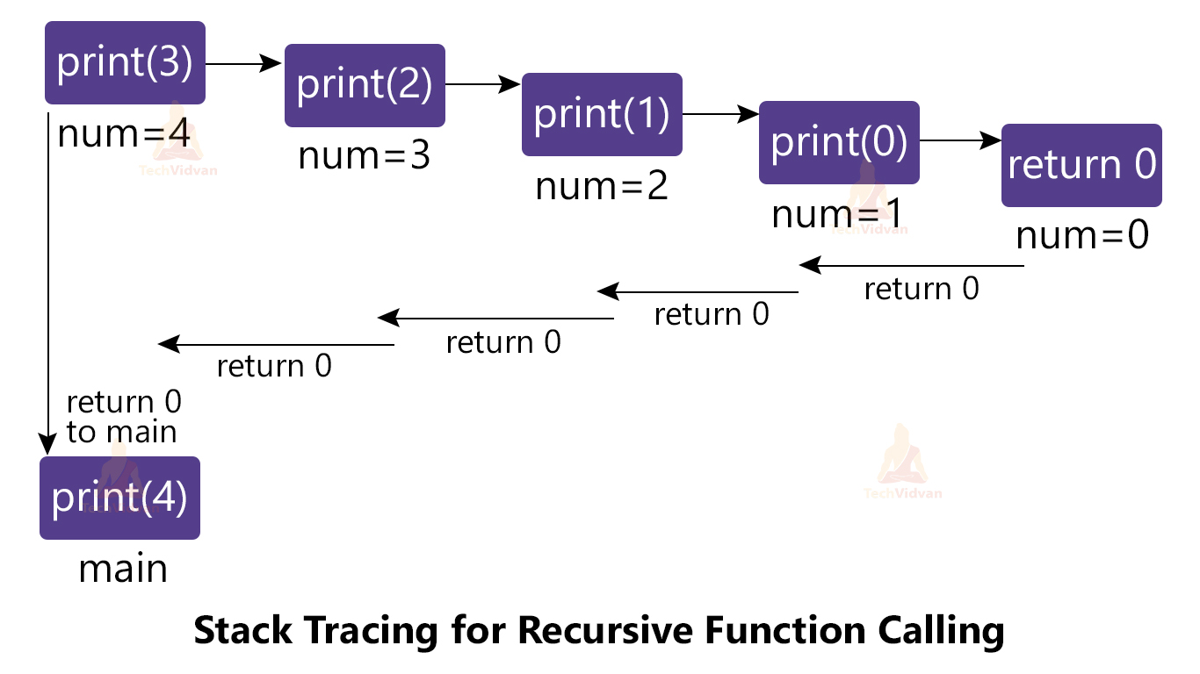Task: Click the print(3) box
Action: point(125,62)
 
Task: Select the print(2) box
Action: point(365,85)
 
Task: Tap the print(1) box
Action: point(602,114)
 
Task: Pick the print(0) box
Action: point(839,142)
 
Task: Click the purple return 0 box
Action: point(1081,165)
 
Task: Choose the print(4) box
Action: point(119,498)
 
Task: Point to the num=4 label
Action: point(124,134)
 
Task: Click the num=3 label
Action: point(365,156)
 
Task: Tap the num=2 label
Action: point(602,186)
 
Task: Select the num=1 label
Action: point(837,215)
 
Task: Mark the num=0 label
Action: point(1082,236)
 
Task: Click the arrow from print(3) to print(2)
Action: point(244,63)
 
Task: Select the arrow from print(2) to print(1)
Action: point(483,84)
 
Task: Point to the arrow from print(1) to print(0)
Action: point(720,113)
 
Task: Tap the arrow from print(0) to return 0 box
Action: point(960,140)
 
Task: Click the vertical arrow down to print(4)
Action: point(48,281)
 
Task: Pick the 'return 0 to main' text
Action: point(123,417)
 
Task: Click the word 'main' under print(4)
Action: point(123,569)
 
